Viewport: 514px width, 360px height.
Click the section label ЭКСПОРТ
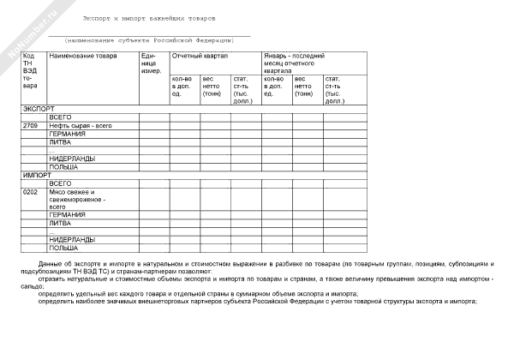click(38, 110)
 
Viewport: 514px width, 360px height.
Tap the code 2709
click(31, 126)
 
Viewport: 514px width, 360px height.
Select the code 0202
click(31, 191)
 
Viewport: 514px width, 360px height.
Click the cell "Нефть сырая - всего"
click(81, 126)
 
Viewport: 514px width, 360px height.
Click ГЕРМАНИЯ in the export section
click(67, 135)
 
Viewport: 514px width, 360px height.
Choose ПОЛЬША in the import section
click(63, 247)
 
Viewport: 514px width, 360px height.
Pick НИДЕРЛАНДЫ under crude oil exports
click(71, 158)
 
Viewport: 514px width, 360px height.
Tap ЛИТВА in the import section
click(59, 223)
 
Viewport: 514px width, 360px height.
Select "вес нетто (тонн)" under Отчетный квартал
click(212, 87)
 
